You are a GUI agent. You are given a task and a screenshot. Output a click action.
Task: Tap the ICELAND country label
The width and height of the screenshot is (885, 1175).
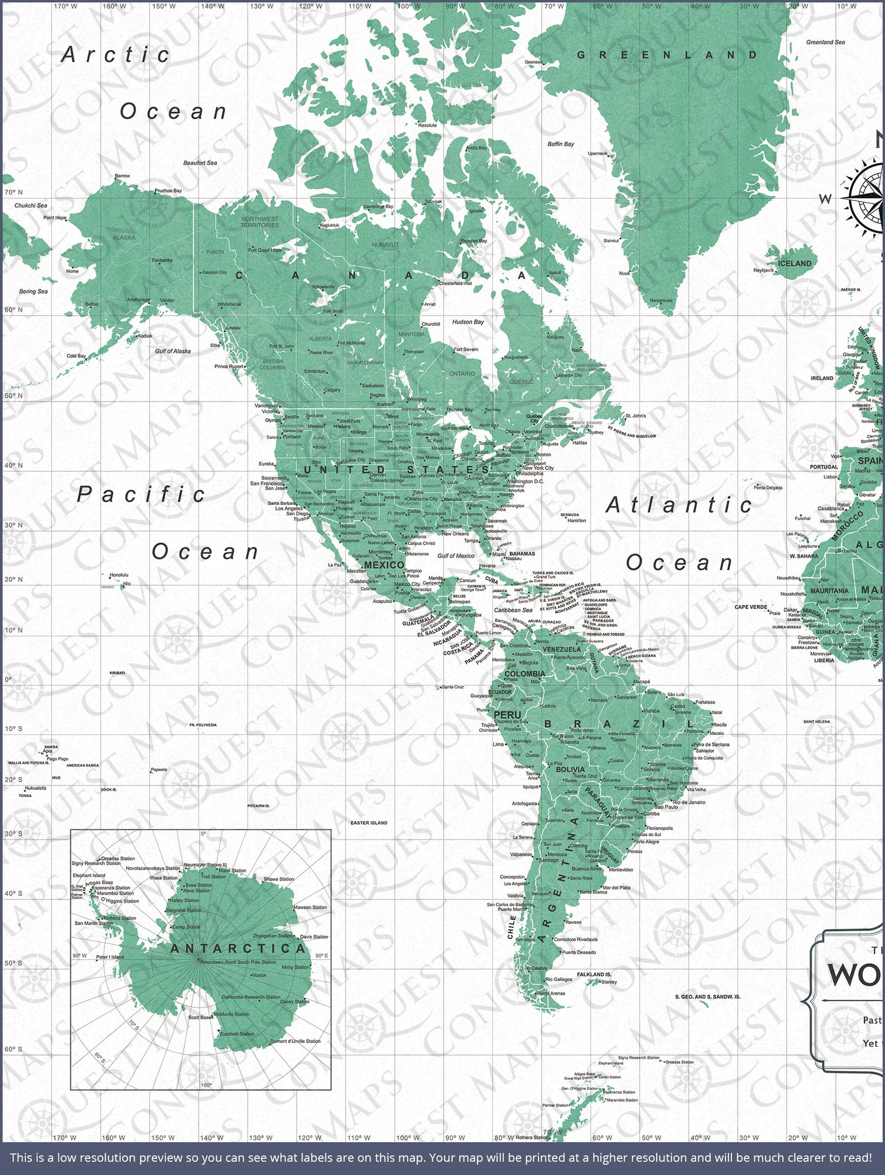pos(794,264)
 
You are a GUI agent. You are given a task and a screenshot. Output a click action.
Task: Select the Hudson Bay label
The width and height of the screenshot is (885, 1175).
pos(467,322)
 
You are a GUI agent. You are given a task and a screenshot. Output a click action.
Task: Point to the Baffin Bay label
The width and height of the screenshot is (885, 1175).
pos(561,144)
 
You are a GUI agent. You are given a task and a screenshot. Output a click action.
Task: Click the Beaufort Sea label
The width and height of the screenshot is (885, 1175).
pos(200,163)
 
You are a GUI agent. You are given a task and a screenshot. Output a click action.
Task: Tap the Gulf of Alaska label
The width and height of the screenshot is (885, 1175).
pos(173,351)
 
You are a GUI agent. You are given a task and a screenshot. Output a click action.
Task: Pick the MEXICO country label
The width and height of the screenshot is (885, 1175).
pos(384,564)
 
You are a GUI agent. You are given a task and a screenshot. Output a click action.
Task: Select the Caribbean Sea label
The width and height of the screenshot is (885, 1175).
pos(512,611)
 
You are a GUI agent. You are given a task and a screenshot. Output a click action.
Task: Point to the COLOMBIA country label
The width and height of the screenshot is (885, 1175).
pos(524,673)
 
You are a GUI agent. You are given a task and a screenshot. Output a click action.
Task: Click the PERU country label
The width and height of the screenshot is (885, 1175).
pos(508,715)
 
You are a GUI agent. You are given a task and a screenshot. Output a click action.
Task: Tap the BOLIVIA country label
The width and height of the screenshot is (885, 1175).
pos(570,769)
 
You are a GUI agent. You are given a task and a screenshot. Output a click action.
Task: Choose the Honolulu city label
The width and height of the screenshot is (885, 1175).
pos(118,575)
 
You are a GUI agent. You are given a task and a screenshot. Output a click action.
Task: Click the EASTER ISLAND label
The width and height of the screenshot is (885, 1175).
pos(369,823)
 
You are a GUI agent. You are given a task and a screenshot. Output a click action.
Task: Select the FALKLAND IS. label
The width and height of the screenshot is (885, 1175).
pos(594,974)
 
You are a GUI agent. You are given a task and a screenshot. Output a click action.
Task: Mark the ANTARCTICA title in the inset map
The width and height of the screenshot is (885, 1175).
pos(238,949)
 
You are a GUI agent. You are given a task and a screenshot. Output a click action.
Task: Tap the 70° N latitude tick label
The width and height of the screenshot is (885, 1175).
pos(13,192)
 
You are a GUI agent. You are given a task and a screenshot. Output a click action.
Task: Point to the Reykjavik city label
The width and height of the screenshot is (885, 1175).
pos(763,270)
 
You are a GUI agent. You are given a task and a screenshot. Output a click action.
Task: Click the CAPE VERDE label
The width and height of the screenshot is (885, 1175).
pos(750,607)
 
